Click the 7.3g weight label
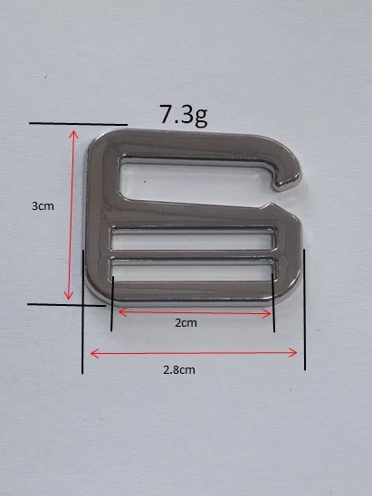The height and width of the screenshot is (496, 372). tap(184, 116)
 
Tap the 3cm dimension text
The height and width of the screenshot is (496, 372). tap(43, 206)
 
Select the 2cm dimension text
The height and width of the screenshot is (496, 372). tap(186, 323)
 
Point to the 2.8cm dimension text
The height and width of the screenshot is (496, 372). tap(179, 370)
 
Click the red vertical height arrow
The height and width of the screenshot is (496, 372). tap(72, 215)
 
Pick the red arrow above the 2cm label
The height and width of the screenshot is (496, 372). tap(195, 313)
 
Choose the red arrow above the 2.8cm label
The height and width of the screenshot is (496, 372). tap(194, 353)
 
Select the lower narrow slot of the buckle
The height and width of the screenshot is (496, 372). tap(192, 271)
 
